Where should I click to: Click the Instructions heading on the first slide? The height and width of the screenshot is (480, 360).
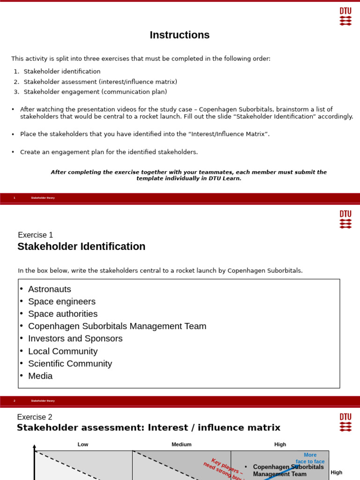click(180, 35)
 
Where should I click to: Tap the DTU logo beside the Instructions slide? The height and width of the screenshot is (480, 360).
click(345, 16)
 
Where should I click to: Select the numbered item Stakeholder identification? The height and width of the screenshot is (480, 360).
click(62, 72)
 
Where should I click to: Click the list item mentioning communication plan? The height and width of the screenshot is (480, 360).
click(95, 92)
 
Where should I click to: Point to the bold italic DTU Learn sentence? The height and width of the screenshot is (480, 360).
click(188, 175)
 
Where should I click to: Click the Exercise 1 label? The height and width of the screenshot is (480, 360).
click(36, 235)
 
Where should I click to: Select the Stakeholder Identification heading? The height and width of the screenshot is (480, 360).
click(82, 247)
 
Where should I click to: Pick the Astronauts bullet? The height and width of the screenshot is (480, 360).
click(49, 289)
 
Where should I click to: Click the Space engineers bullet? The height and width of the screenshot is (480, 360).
click(61, 301)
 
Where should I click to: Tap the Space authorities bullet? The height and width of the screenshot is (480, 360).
click(63, 314)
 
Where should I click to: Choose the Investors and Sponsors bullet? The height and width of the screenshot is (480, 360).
click(75, 338)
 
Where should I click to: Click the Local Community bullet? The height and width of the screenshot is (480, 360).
click(63, 351)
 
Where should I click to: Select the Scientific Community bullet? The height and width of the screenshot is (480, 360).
click(70, 364)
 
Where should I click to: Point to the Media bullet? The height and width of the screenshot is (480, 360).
click(40, 376)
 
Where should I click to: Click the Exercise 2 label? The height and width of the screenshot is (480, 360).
click(35, 417)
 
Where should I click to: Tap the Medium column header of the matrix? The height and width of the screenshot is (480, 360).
click(181, 444)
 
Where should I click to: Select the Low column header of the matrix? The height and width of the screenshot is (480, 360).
click(83, 444)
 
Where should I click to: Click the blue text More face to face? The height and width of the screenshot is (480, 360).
click(310, 458)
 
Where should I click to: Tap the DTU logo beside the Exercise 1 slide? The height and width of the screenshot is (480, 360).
click(345, 219)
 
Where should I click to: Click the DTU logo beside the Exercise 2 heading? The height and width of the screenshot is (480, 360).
click(345, 422)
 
